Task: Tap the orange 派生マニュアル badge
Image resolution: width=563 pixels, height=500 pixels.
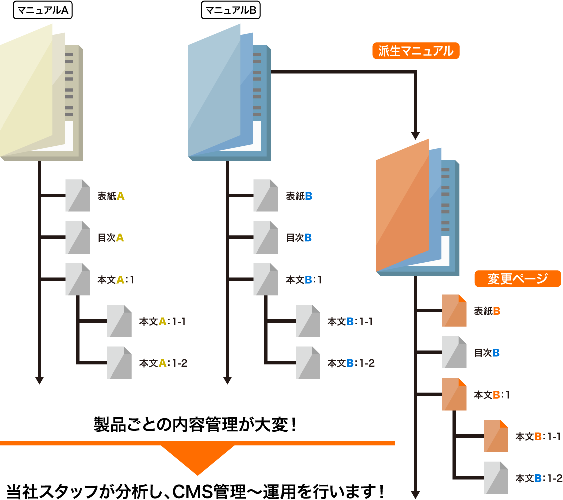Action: tap(415, 51)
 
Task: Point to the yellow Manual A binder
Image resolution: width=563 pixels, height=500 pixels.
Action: tap(40, 95)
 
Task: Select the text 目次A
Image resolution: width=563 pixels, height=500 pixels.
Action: tap(110, 238)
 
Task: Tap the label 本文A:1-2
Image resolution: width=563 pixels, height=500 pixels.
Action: tap(163, 363)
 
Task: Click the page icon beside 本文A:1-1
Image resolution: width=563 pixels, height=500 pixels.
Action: tap(120, 321)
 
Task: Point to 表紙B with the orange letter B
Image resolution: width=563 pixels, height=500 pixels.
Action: tap(487, 311)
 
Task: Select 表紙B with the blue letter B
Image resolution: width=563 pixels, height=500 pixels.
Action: tap(299, 196)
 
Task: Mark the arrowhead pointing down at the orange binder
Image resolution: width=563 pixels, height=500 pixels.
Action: tap(415, 135)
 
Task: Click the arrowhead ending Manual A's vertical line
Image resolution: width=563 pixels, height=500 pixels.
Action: tap(39, 380)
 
